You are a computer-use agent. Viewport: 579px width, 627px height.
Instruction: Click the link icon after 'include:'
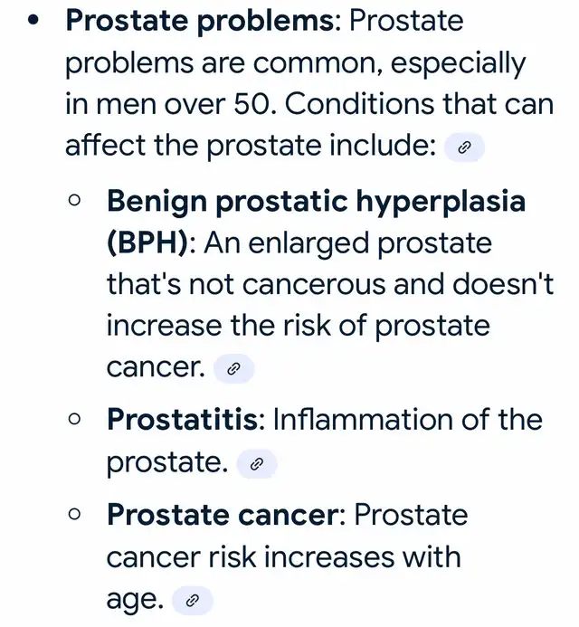(464, 147)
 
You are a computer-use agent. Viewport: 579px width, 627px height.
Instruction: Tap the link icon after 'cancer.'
(233, 368)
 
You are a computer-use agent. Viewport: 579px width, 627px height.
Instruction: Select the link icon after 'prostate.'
(257, 464)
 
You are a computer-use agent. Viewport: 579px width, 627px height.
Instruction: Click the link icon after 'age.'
(193, 600)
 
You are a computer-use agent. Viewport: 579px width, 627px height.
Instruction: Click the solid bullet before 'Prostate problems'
(34, 21)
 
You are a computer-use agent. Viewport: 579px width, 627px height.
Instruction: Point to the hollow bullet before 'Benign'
(74, 200)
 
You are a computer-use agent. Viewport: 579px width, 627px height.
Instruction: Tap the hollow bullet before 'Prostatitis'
(74, 419)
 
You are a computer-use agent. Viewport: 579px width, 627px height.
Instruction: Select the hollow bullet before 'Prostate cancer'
(74, 514)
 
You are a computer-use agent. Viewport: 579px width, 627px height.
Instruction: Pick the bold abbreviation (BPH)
(147, 242)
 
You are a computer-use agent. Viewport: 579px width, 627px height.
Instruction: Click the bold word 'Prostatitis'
(183, 419)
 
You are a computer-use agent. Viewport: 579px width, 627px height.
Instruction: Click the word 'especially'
(458, 64)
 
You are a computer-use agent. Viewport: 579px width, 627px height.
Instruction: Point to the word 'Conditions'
(359, 103)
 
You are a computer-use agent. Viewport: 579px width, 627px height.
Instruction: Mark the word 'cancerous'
(314, 286)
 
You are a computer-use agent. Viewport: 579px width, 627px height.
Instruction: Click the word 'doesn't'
(503, 283)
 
